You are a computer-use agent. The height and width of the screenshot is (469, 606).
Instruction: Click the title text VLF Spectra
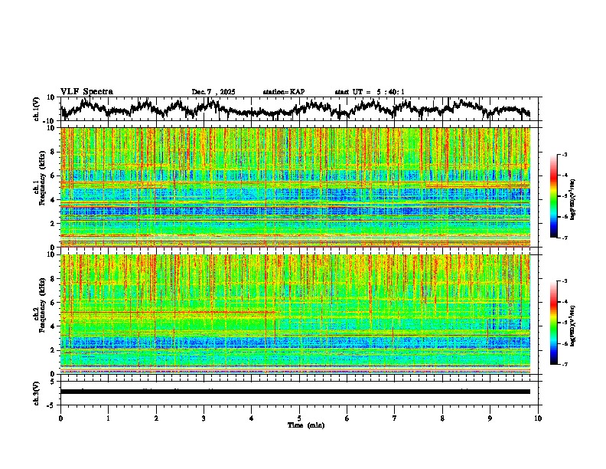click(x=86, y=92)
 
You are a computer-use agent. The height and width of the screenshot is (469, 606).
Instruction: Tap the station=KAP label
click(x=284, y=92)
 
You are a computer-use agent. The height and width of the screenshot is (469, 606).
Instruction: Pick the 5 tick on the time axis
click(x=299, y=418)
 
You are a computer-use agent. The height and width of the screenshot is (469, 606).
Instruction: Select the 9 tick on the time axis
click(x=490, y=418)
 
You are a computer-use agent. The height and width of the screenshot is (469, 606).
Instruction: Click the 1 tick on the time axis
click(x=108, y=418)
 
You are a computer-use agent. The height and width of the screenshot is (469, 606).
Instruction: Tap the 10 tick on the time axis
click(x=538, y=418)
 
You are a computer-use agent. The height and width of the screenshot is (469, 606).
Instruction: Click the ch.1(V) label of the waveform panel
click(x=37, y=109)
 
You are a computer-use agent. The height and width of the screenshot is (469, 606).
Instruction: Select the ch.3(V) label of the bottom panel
click(x=37, y=392)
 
